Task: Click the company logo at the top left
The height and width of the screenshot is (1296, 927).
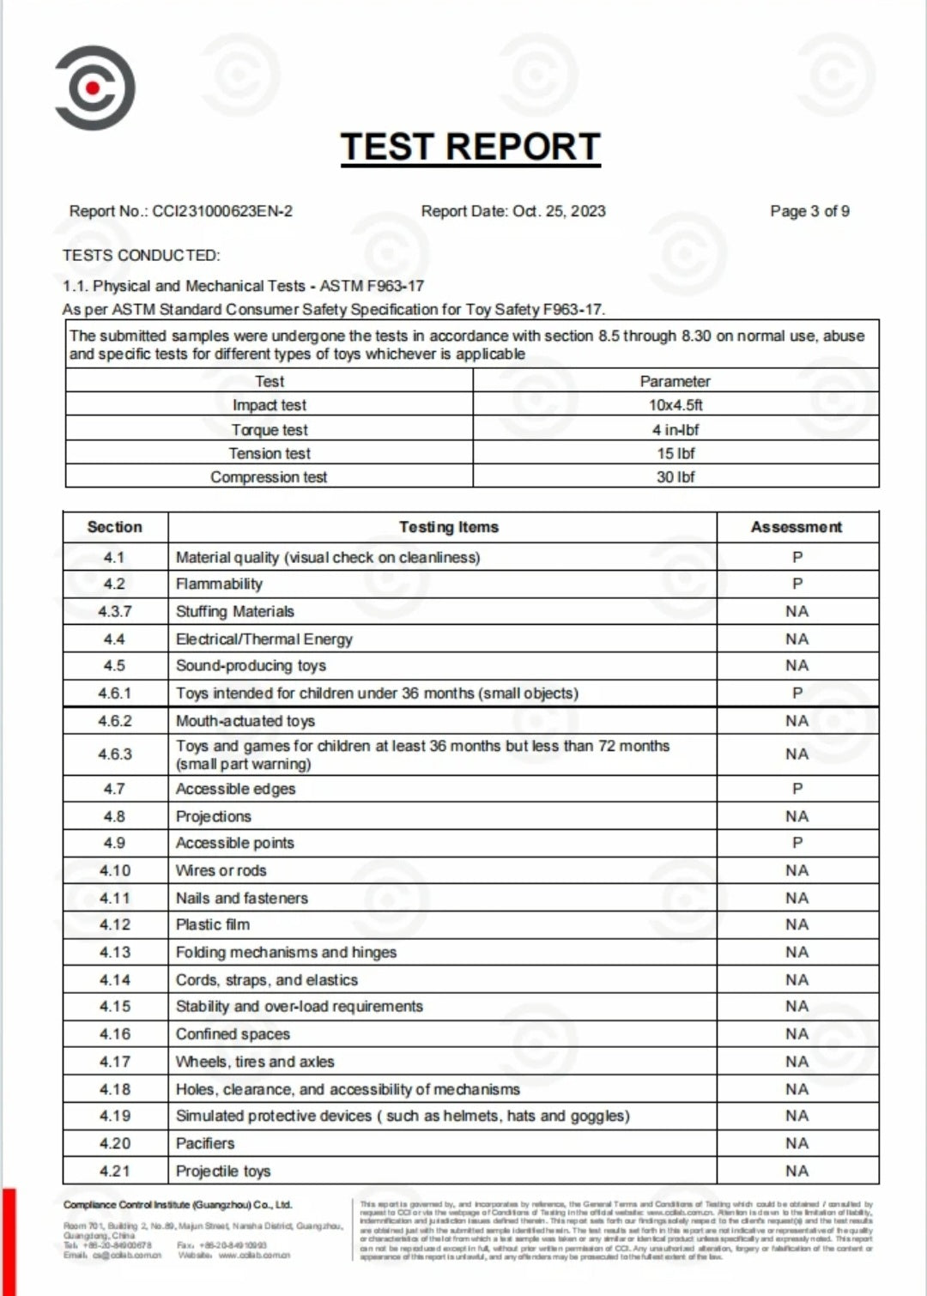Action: coord(94,88)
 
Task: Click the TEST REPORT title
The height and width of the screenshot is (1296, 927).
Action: coord(470,147)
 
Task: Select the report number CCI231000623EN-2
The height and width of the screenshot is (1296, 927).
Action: coord(222,211)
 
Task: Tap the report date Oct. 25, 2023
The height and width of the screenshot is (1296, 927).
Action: coord(559,211)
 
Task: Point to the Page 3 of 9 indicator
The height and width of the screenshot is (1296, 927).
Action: coord(809,211)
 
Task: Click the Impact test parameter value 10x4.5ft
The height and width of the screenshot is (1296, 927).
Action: coord(676,405)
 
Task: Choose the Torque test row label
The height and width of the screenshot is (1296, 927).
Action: coord(270,430)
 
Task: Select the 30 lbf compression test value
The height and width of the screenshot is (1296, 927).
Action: coord(676,477)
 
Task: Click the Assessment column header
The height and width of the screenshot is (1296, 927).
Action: coord(797,527)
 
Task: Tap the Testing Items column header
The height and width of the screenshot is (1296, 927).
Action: coord(448,527)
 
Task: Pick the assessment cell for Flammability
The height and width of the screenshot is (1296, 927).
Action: coord(797,584)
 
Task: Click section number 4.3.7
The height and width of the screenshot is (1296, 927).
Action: coord(115,611)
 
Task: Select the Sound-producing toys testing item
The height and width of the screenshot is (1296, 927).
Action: coord(251,666)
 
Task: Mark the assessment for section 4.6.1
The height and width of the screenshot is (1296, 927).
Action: coord(797,693)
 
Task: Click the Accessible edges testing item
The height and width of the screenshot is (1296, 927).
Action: coord(235,789)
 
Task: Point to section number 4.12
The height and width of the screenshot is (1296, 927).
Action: coord(115,924)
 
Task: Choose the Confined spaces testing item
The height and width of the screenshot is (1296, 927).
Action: coord(233,1034)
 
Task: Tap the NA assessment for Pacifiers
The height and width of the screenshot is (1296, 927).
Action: coord(797,1143)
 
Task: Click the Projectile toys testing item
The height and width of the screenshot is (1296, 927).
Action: coord(223,1171)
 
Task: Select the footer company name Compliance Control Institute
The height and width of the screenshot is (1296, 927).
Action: coord(178,1205)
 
